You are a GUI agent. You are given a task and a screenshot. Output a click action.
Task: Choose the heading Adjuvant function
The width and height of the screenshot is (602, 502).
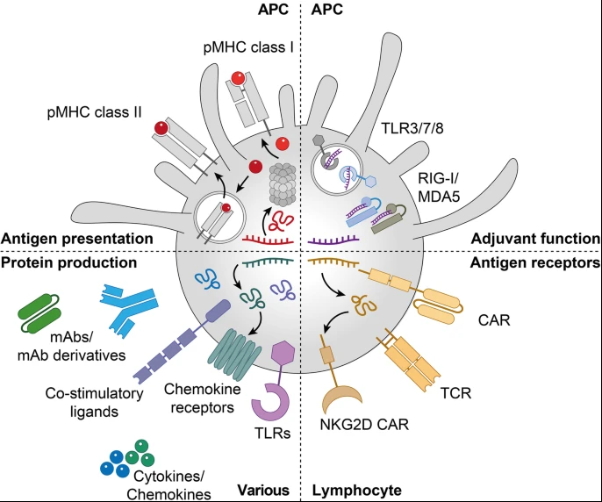pos(535,238)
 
